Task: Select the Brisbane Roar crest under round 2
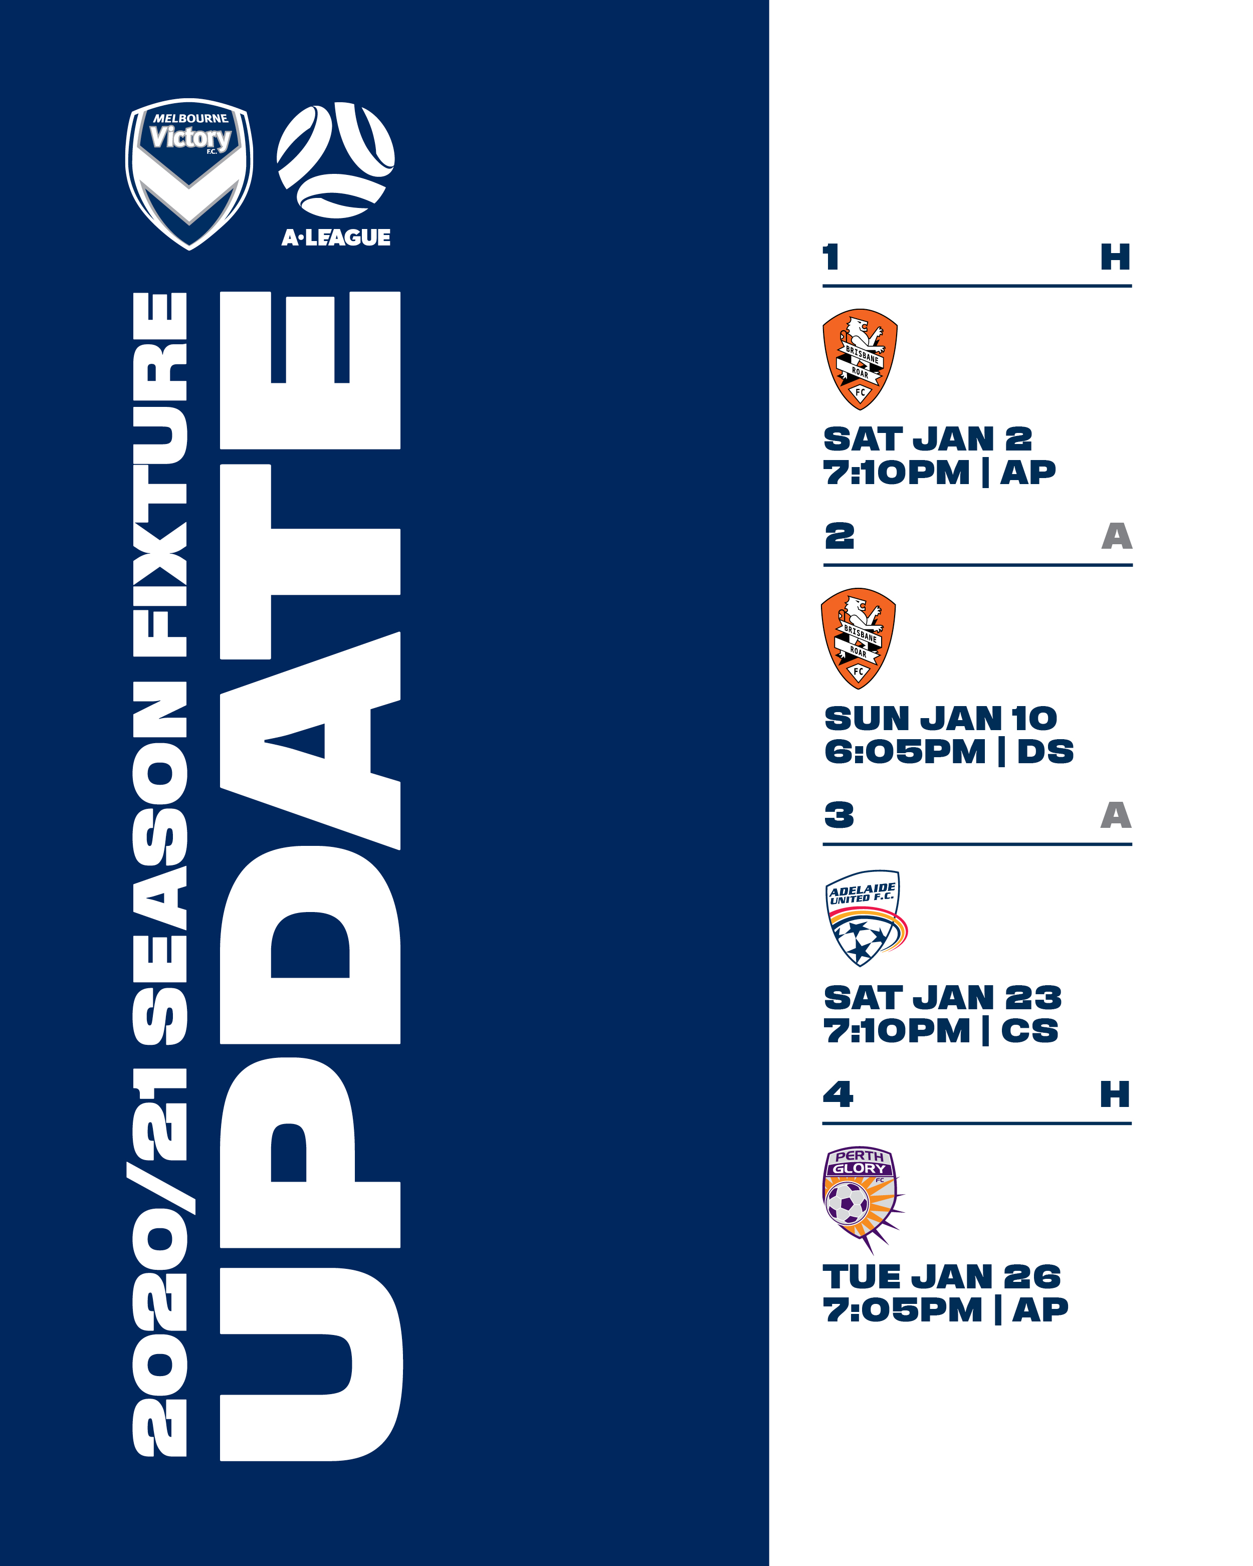tap(858, 638)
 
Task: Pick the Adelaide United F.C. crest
tap(865, 918)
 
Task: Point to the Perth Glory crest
tap(862, 1198)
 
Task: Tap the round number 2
tap(839, 536)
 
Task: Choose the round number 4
tap(838, 1094)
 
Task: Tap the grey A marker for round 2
tap(1117, 536)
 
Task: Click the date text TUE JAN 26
tap(941, 1276)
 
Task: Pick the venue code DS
tap(1046, 751)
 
